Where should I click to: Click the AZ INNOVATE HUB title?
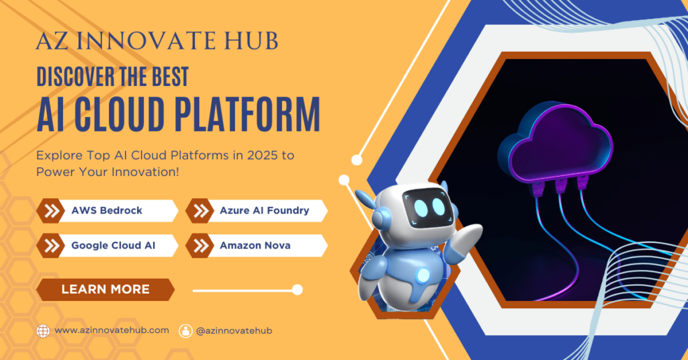[157, 41]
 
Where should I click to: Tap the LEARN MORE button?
[105, 289]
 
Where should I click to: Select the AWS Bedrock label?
[107, 210]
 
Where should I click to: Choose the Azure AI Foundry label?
[264, 210]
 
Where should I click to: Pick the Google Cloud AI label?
[113, 245]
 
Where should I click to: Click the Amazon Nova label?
[255, 245]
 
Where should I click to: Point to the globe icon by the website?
[43, 330]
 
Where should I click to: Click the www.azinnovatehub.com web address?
[112, 330]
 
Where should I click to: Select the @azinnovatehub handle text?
[234, 330]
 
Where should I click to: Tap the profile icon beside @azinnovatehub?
[185, 330]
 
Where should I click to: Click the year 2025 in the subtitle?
[258, 155]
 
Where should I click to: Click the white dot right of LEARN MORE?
[297, 289]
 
